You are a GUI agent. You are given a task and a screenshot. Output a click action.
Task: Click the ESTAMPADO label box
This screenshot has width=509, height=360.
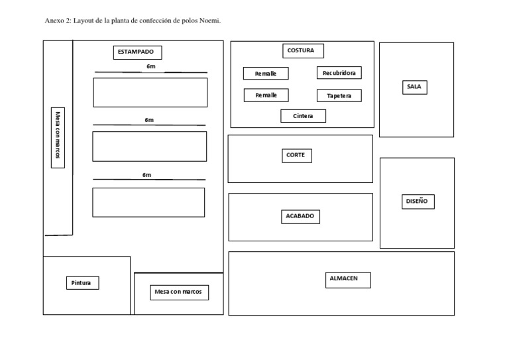(137, 52)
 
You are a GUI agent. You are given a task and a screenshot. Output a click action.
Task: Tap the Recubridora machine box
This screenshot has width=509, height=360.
(339, 73)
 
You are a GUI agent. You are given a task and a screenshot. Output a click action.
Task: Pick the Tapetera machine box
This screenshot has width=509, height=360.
(339, 95)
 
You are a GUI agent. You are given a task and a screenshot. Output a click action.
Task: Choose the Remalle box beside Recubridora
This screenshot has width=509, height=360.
(266, 74)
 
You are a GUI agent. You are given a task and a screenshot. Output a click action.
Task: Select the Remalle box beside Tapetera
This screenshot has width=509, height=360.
(266, 95)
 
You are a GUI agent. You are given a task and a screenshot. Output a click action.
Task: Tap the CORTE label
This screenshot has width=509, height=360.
(296, 156)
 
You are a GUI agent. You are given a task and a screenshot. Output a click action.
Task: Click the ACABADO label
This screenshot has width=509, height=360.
(299, 216)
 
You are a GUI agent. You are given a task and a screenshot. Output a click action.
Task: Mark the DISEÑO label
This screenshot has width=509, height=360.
(417, 202)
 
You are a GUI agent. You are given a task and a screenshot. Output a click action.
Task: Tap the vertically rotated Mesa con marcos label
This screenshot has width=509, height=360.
(58, 137)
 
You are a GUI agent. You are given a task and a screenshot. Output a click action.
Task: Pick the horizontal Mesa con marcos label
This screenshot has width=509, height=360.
(178, 292)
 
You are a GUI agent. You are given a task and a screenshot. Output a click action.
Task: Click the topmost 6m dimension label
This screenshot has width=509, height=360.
(151, 67)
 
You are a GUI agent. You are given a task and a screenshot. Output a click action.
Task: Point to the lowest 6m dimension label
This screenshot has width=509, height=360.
(146, 175)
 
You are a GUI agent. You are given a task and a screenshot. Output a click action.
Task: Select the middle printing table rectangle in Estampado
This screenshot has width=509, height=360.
(149, 147)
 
